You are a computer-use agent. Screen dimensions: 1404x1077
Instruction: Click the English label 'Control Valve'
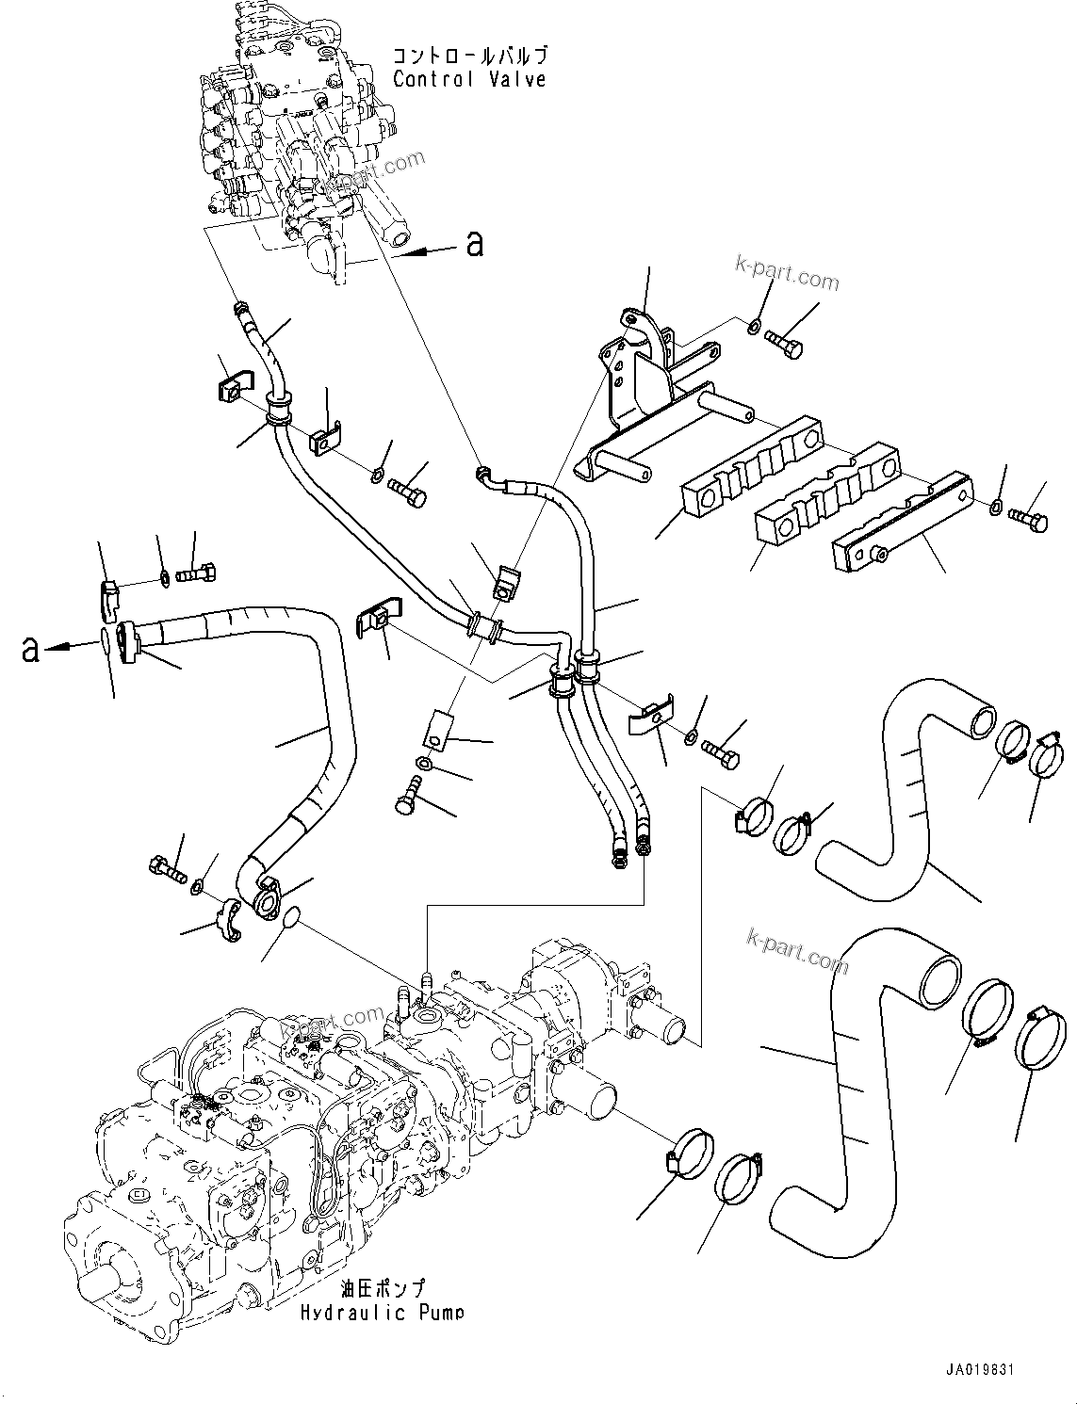tap(469, 79)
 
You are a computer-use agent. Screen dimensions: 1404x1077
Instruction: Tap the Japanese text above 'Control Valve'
tap(469, 56)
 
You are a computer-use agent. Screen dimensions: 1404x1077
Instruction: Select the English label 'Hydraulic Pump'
tap(382, 1312)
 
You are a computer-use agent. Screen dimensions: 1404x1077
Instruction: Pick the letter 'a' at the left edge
tap(31, 648)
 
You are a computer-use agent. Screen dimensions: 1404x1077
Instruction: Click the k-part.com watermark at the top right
tap(788, 273)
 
